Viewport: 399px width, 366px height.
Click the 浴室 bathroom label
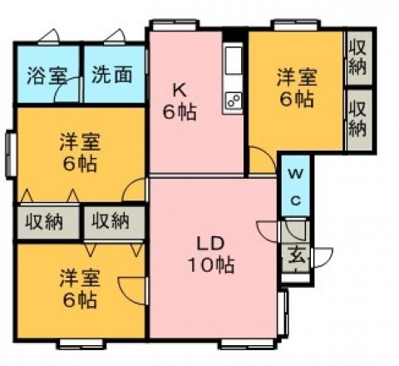[47, 75]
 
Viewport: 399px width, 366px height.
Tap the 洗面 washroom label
[111, 75]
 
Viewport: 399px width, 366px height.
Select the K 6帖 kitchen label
[180, 101]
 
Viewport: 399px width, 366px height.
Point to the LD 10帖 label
[211, 255]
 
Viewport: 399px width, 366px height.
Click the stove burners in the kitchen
[234, 101]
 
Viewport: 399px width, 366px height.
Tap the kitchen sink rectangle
[234, 61]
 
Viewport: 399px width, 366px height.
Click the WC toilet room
[296, 185]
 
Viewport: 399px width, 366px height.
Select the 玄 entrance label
[297, 255]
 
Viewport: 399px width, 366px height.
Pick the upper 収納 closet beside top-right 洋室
[357, 58]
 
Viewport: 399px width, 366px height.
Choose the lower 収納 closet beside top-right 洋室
[358, 121]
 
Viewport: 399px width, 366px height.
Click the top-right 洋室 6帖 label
[297, 88]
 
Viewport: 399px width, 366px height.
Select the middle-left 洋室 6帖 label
[80, 152]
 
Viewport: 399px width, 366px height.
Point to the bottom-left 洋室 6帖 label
[80, 289]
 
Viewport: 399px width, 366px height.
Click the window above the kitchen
[175, 25]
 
